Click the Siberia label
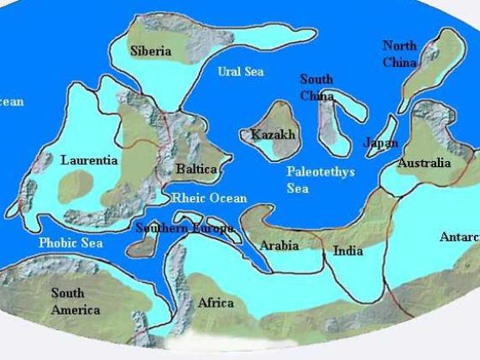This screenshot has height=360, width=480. click(151, 51)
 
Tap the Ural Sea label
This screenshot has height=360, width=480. click(241, 72)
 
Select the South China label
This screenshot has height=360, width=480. click(316, 87)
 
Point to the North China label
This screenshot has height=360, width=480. click(399, 54)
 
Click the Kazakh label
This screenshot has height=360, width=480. click(270, 134)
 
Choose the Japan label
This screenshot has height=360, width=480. click(380, 143)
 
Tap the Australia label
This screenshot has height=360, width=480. click(424, 163)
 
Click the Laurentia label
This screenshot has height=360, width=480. click(89, 159)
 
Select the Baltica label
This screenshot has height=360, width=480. click(196, 170)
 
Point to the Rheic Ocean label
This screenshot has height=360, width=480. click(209, 199)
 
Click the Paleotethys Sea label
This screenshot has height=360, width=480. click(321, 180)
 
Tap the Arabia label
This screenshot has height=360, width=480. click(279, 246)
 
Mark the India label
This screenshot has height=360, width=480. click(347, 251)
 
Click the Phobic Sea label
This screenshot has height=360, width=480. click(70, 243)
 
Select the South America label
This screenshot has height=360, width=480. click(75, 301)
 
